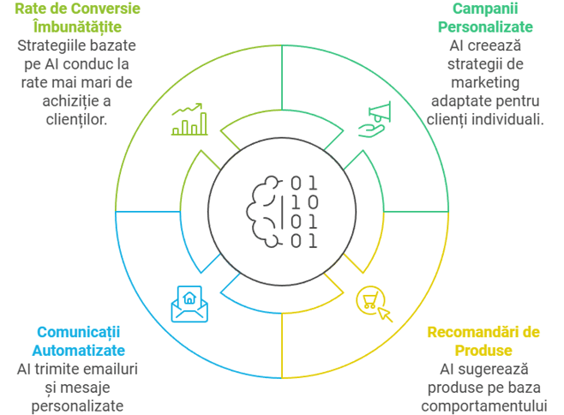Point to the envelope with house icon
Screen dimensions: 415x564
pyautogui.click(x=189, y=303)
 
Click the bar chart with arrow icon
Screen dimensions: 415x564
pyautogui.click(x=189, y=120)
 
